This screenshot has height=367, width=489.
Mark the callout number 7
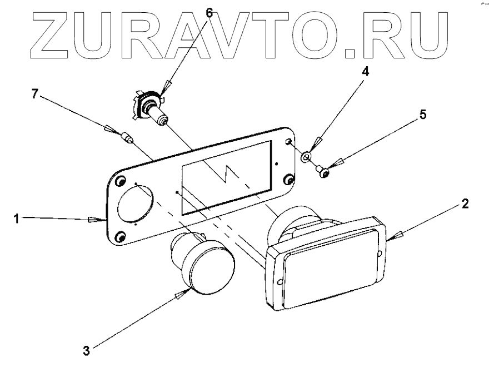click(x=34, y=95)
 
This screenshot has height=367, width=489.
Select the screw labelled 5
click(x=323, y=172)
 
